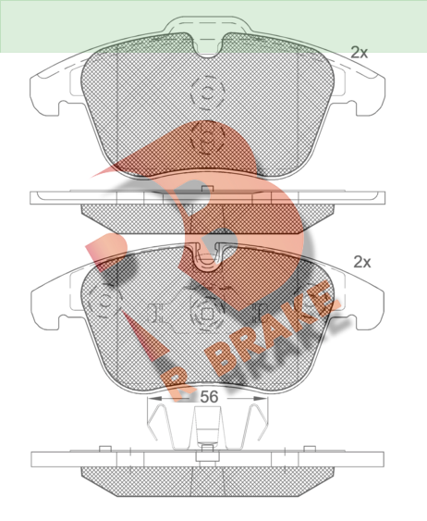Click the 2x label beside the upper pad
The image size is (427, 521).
pyautogui.click(x=359, y=52)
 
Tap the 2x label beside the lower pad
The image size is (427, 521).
pyautogui.click(x=361, y=262)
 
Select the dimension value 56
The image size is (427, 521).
pyautogui.click(x=210, y=396)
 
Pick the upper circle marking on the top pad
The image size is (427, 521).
pyautogui.click(x=208, y=93)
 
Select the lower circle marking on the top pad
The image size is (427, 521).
pyautogui.click(x=207, y=137)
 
